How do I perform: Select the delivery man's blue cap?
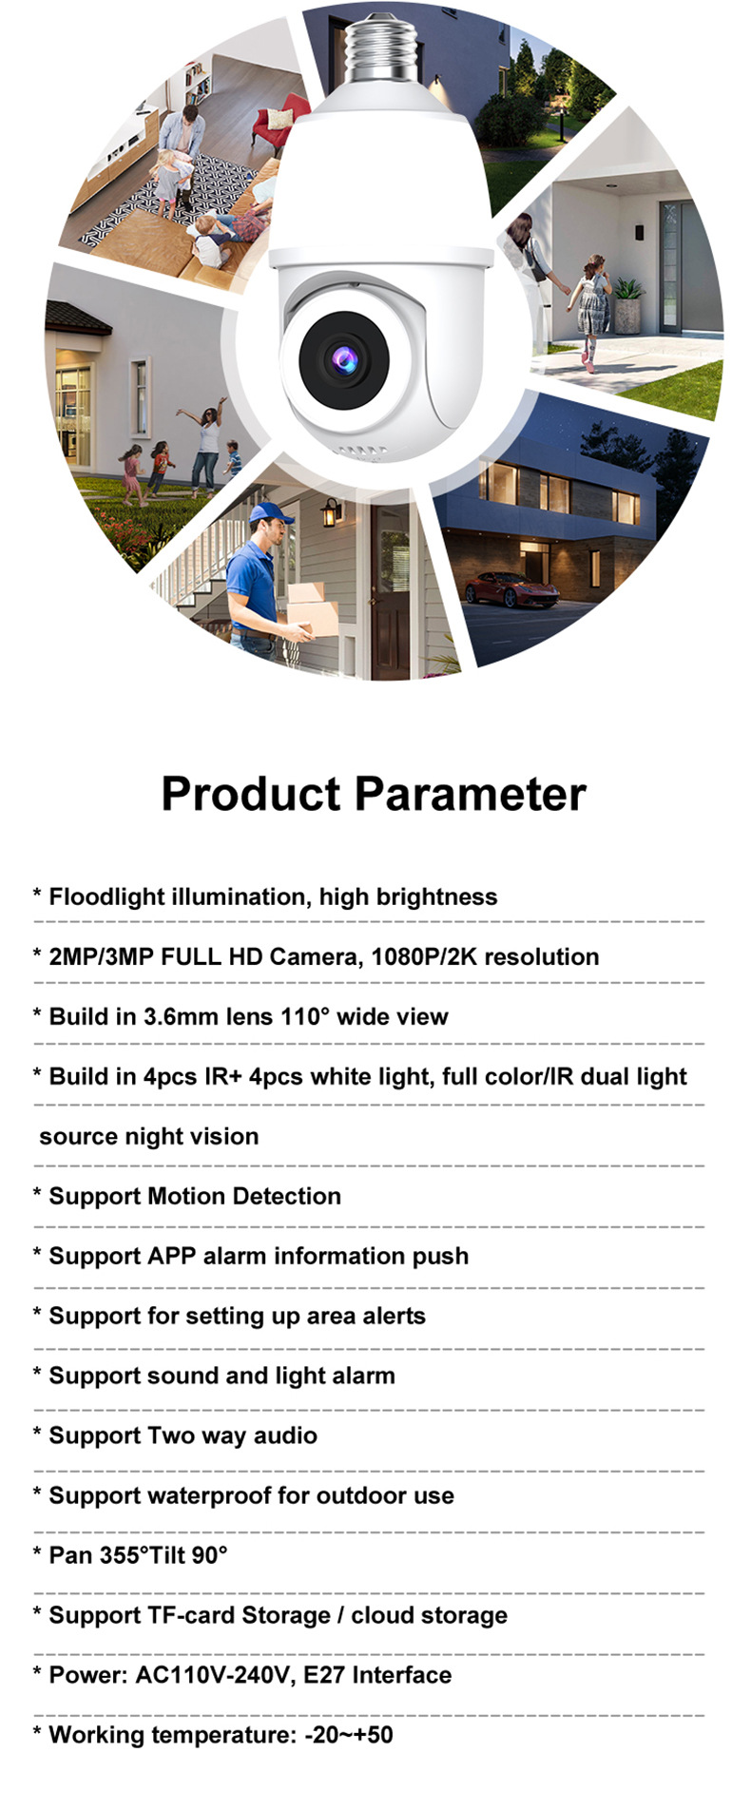271,514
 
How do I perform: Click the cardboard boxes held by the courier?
312,608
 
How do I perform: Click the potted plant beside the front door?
627,303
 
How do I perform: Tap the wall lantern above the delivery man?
332,511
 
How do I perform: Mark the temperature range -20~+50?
349,1735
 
